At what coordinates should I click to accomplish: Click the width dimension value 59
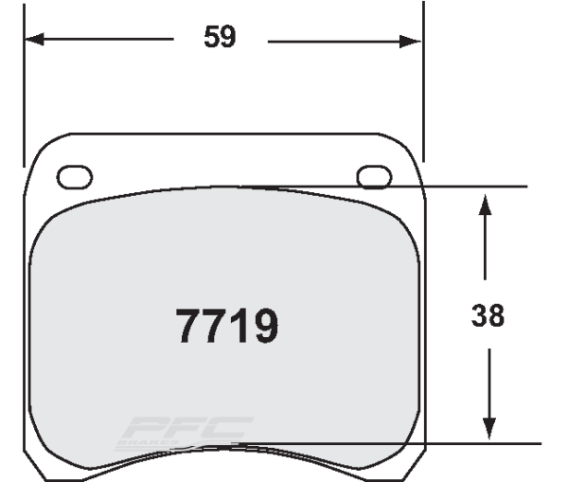[220, 38]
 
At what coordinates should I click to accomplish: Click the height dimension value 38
[488, 314]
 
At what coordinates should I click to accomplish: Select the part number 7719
[227, 327]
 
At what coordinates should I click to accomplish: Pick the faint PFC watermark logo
[185, 431]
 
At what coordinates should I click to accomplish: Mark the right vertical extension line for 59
[421, 95]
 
